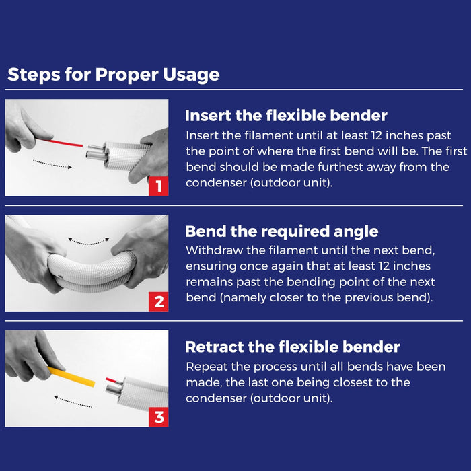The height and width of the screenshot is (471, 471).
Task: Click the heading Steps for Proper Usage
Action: point(113,74)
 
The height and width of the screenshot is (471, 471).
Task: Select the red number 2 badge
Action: point(159,302)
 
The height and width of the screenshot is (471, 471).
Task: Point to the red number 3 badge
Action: point(159,417)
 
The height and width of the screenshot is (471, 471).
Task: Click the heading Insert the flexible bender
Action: point(286,115)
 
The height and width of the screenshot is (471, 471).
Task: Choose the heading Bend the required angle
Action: point(281,231)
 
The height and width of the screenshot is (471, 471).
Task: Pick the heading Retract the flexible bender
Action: point(292,347)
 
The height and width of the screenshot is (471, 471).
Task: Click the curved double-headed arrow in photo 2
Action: point(88,240)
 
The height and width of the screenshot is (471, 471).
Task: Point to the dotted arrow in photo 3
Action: point(73,399)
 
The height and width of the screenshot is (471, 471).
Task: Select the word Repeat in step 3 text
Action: point(206,367)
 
